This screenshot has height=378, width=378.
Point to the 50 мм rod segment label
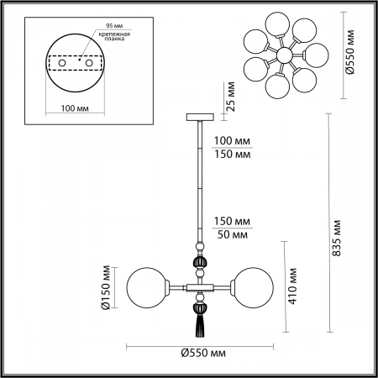pyautogui.click(x=233, y=234)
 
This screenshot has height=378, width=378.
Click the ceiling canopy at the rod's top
pyautogui.click(x=200, y=117)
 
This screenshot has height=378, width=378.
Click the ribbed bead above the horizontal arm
pyautogui.click(x=200, y=265)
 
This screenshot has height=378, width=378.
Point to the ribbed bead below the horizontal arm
pyautogui.click(x=200, y=301)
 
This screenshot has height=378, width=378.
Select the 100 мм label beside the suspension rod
pyautogui.click(x=233, y=141)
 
